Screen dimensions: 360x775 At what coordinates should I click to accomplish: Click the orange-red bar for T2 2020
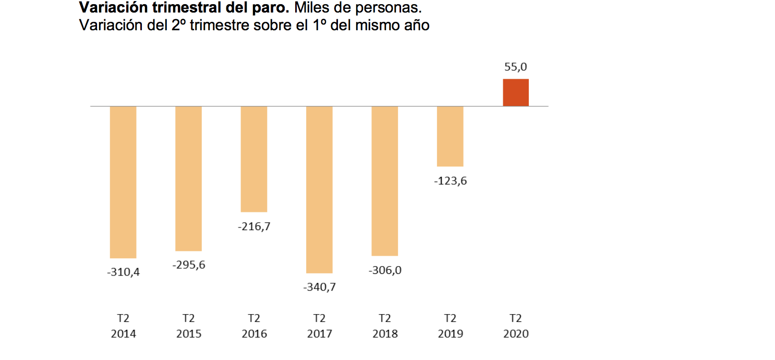point(515,92)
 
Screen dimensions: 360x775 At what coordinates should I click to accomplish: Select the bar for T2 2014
point(123,182)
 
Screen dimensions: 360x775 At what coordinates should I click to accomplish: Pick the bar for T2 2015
point(188,178)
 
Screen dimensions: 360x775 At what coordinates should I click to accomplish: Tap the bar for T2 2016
point(254,159)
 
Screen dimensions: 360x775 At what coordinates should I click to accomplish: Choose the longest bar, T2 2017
point(319,189)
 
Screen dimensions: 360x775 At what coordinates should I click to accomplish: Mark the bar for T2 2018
point(385,181)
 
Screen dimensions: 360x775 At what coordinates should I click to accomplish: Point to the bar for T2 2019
point(450,136)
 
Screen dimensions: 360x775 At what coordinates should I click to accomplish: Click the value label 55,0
point(515,67)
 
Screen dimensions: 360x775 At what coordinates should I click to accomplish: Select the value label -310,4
point(123,272)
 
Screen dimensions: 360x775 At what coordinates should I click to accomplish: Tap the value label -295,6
point(188,265)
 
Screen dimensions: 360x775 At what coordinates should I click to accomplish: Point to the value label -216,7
point(254,227)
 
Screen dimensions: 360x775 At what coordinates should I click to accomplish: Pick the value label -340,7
point(319,287)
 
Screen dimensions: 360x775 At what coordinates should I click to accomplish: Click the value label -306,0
point(385,270)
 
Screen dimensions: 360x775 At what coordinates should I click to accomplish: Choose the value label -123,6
point(450,181)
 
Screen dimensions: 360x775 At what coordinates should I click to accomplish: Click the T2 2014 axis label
point(123,326)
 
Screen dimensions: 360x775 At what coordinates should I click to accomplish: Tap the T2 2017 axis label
point(319,326)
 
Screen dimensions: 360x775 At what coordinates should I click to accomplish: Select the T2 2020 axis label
point(515,326)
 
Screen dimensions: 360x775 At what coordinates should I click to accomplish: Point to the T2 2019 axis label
point(450,326)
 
